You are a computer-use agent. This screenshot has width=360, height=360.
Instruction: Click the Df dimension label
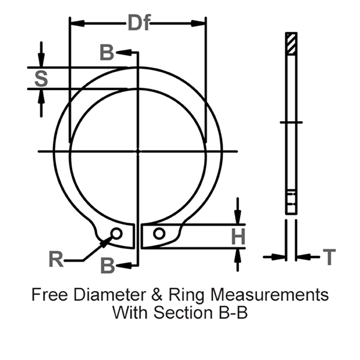(138, 23)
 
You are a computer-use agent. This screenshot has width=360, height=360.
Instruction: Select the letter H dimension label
(239, 237)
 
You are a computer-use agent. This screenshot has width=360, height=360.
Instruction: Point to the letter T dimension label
(329, 257)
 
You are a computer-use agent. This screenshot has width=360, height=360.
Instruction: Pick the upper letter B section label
(106, 53)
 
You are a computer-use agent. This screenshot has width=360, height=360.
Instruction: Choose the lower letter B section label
(107, 265)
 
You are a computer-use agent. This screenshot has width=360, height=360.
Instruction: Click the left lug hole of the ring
(117, 233)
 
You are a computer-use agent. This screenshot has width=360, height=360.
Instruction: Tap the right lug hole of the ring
(158, 233)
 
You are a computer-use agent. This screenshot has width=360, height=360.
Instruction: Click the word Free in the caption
(47, 295)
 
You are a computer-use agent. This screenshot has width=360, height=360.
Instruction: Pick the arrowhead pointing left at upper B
(122, 52)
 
